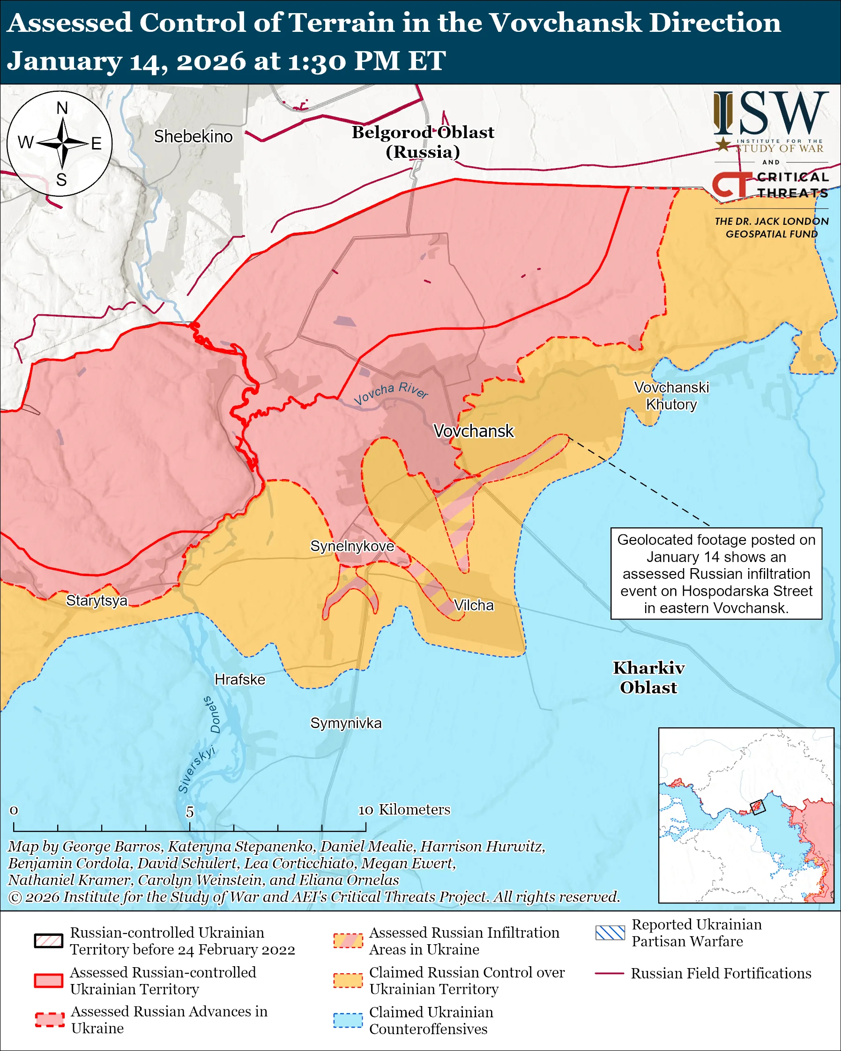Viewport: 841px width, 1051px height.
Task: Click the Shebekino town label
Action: click(x=193, y=136)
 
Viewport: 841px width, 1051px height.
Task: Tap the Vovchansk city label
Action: click(x=473, y=431)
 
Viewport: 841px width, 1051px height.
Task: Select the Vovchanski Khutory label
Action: click(x=671, y=396)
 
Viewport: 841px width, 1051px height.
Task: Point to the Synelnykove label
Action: click(x=352, y=546)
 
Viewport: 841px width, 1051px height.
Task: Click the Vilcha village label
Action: click(x=473, y=606)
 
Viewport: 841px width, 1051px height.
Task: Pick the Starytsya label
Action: click(x=97, y=600)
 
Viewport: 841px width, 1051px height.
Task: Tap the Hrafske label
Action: click(x=240, y=680)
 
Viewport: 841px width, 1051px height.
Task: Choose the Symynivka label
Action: click(x=346, y=723)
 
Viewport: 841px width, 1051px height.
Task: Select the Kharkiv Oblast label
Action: click(x=648, y=678)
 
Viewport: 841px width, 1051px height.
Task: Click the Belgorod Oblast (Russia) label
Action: click(x=423, y=142)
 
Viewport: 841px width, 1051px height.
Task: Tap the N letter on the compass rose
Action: click(x=62, y=108)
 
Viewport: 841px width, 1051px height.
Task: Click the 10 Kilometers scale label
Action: click(x=404, y=810)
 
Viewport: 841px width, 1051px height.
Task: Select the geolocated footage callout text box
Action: click(x=716, y=574)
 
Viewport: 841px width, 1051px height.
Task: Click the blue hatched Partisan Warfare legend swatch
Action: click(x=610, y=933)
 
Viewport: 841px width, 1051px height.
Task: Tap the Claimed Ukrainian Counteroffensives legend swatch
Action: click(x=348, y=1020)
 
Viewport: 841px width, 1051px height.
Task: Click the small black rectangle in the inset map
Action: click(x=757, y=807)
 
